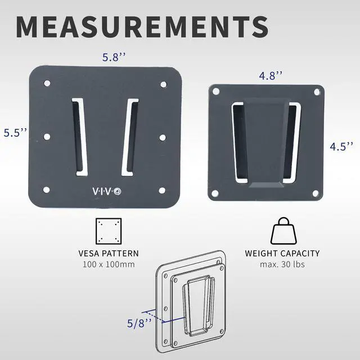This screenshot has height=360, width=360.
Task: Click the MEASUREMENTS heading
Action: pyautogui.click(x=142, y=27)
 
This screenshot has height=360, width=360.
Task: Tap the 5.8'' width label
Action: pyautogui.click(x=114, y=57)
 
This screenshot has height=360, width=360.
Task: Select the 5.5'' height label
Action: pyautogui.click(x=15, y=133)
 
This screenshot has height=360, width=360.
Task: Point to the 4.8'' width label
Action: pyautogui.click(x=271, y=75)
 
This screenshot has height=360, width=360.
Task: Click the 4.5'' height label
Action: pyautogui.click(x=341, y=146)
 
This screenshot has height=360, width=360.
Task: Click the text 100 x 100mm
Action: pyautogui.click(x=109, y=264)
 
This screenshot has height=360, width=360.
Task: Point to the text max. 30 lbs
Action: pyautogui.click(x=282, y=264)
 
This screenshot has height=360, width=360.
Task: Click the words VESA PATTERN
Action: pyautogui.click(x=109, y=254)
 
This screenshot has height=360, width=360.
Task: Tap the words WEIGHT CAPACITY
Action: pyautogui.click(x=282, y=254)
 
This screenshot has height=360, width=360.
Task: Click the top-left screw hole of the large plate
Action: pyautogui.click(x=47, y=84)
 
